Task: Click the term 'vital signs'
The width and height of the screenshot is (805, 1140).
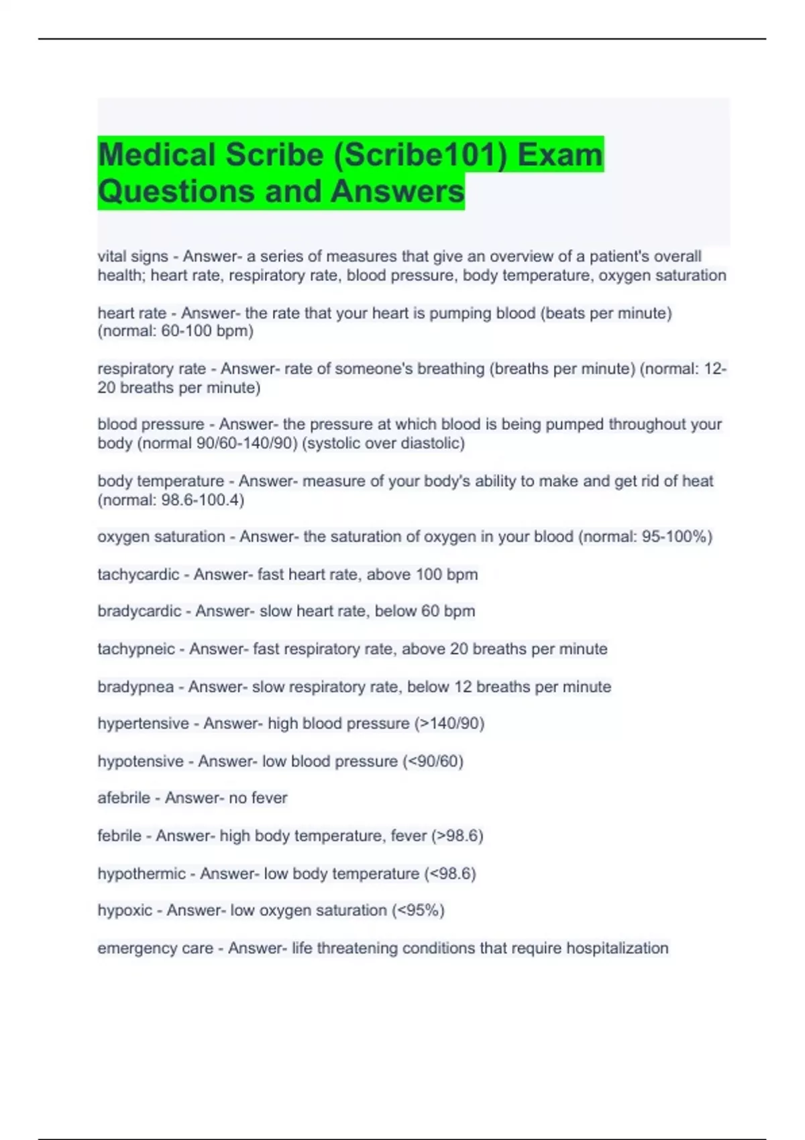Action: click(133, 256)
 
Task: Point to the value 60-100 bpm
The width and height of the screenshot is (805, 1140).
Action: click(207, 331)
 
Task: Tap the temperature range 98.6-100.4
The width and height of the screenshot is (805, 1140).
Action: click(201, 500)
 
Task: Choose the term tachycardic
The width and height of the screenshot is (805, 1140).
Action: click(138, 575)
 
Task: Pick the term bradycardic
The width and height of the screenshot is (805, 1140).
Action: click(140, 612)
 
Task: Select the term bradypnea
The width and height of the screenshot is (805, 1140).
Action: click(136, 687)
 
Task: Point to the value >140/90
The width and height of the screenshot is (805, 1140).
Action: click(449, 724)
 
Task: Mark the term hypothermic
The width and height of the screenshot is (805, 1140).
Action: click(142, 874)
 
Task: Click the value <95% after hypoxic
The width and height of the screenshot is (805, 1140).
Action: click(418, 911)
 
